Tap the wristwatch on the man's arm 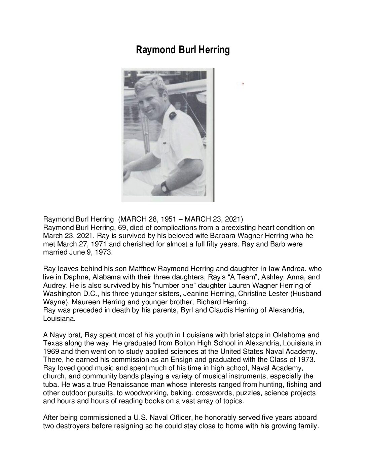click(x=164, y=186)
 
